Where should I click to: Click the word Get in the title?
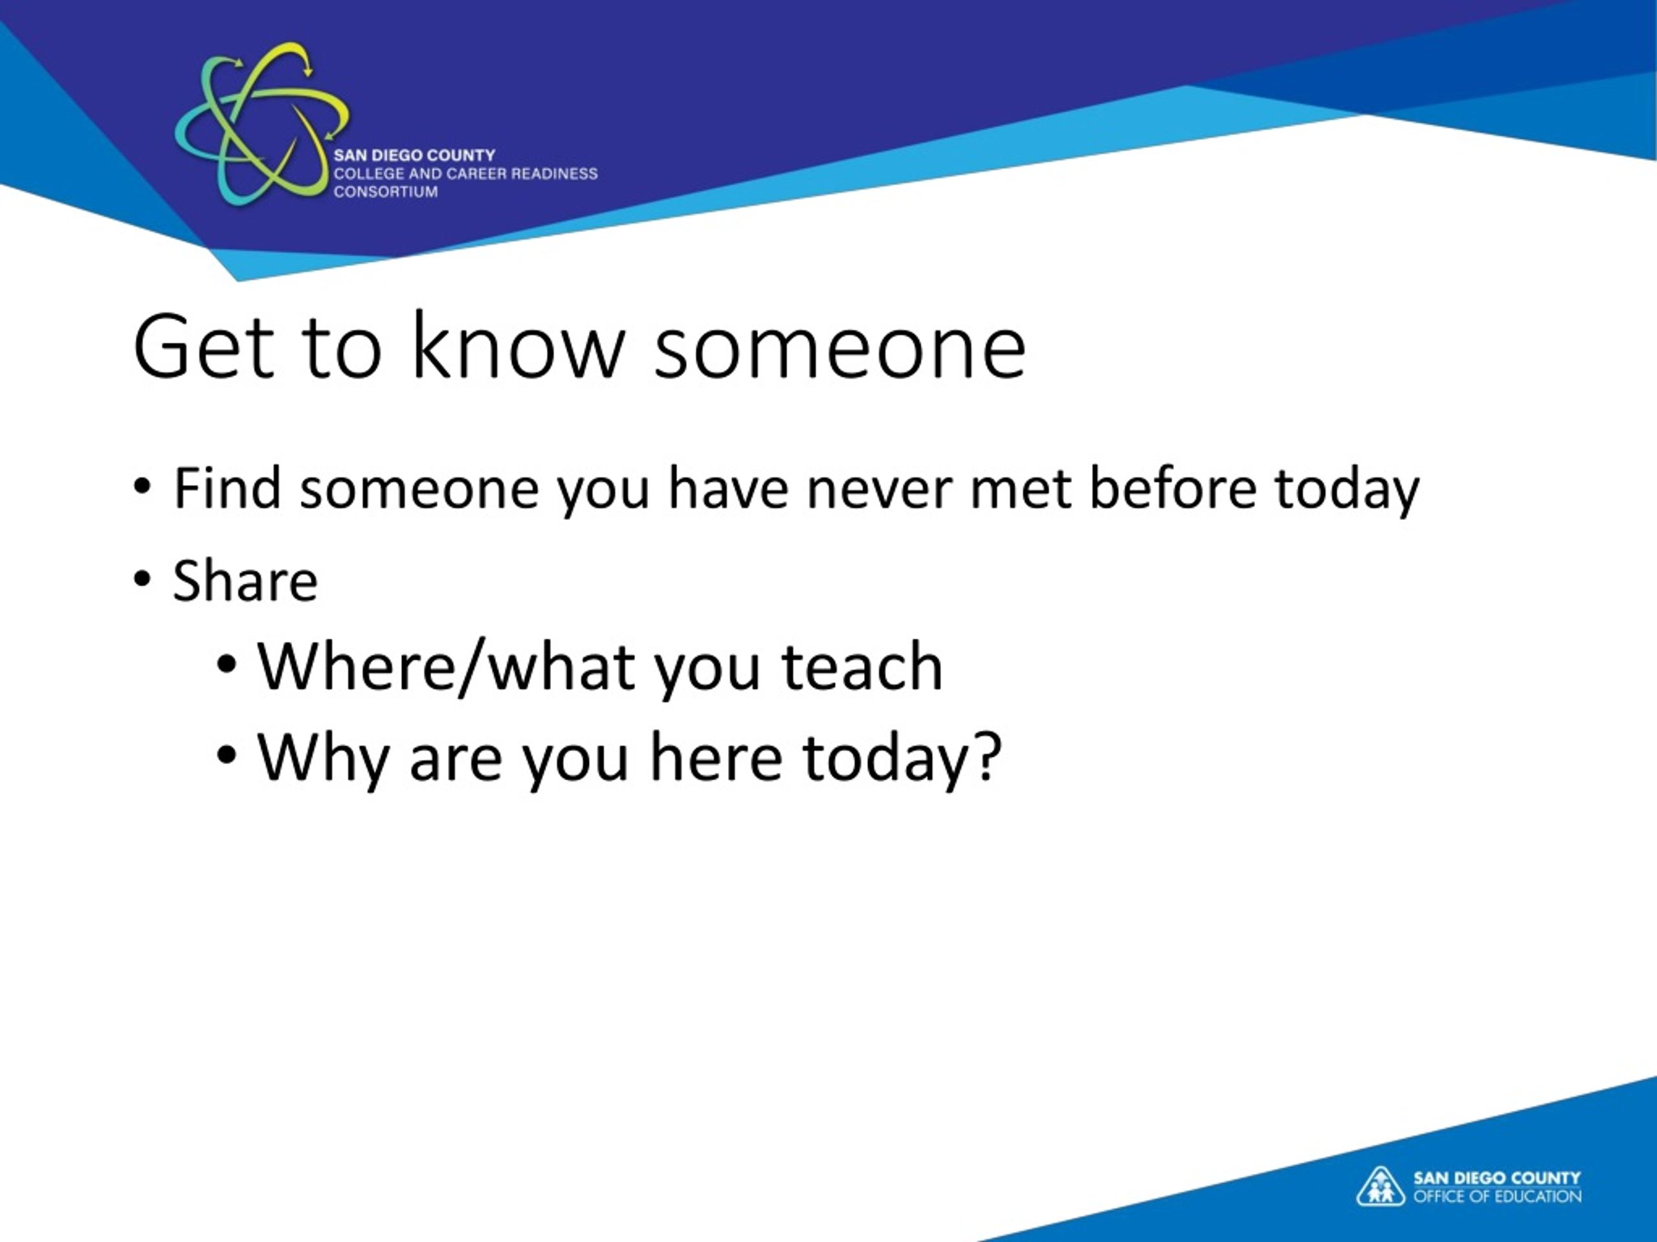click(203, 347)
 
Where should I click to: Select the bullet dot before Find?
click(142, 486)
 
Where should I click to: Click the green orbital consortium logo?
click(261, 124)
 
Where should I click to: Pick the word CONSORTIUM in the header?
click(386, 191)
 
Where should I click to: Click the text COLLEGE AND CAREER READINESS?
click(465, 173)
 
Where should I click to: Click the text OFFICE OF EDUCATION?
click(1497, 1196)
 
